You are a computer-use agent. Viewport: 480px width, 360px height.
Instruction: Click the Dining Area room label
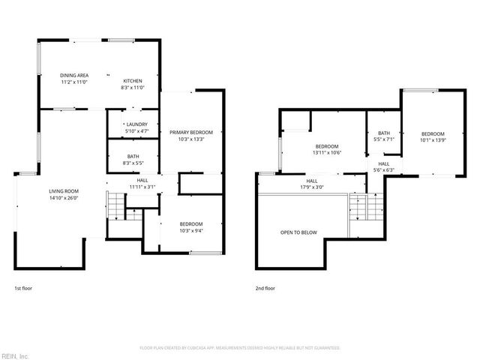(x=75, y=76)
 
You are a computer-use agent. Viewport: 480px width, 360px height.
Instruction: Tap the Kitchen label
(x=132, y=81)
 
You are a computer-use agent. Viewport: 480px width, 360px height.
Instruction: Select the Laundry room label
(x=136, y=124)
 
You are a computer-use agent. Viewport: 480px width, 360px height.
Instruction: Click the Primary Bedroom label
(x=191, y=133)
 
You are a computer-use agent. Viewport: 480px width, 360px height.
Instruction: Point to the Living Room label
(x=64, y=191)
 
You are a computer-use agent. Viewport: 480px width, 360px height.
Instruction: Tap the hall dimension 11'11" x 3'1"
(x=142, y=187)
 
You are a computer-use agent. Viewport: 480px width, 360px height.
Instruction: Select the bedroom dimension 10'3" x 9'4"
(x=191, y=230)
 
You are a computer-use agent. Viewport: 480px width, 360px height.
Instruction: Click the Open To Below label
(x=298, y=232)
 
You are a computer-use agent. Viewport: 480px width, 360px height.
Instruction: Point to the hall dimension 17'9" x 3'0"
(x=312, y=187)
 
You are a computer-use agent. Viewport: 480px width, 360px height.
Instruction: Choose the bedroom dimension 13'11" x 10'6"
(x=327, y=152)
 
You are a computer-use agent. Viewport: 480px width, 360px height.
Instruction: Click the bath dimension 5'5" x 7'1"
(x=383, y=139)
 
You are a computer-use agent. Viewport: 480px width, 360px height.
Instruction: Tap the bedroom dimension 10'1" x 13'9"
(x=432, y=139)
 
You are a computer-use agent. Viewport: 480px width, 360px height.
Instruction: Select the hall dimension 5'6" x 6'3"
(x=383, y=170)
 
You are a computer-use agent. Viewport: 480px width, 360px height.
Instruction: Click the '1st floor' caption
(x=23, y=288)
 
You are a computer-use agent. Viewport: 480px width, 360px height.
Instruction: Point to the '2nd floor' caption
(x=265, y=288)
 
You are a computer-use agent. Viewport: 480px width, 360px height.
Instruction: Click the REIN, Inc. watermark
(x=14, y=355)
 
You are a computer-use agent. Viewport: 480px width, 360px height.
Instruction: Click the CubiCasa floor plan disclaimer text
(x=240, y=348)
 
